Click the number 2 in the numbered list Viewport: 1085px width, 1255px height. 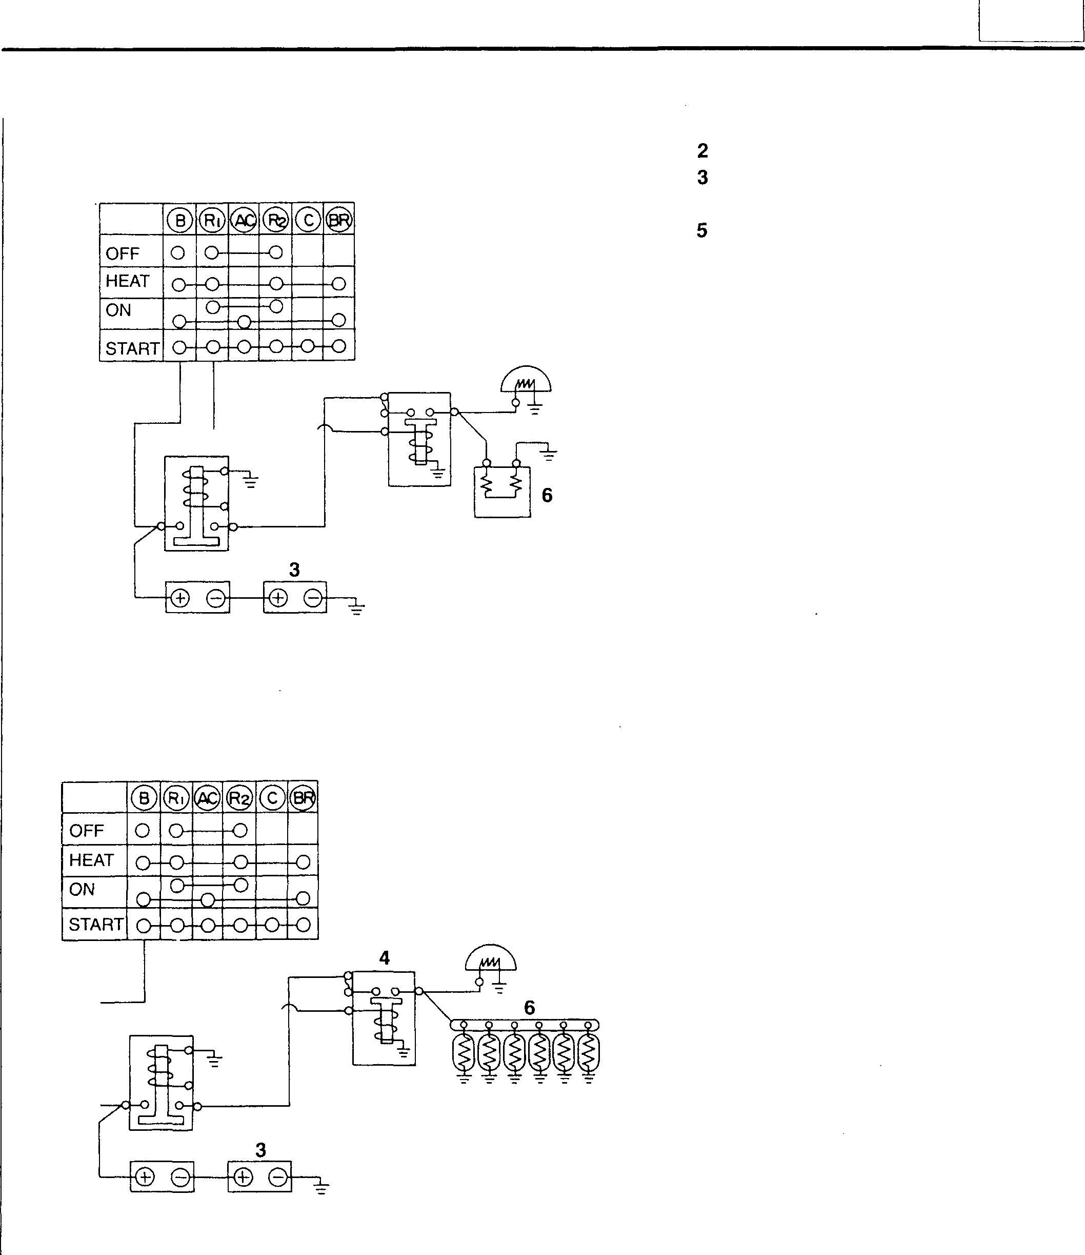(702, 151)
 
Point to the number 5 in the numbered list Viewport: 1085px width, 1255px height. (702, 231)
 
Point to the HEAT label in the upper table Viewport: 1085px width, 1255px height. (127, 281)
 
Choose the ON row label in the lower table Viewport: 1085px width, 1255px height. (83, 889)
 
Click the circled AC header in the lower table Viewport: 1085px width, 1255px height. (207, 799)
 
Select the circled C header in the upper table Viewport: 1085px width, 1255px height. (308, 221)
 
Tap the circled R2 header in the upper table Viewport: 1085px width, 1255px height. (275, 221)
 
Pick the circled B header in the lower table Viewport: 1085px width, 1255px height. (144, 799)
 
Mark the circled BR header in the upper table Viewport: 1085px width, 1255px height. (339, 221)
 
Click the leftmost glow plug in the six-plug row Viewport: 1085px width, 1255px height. (464, 1054)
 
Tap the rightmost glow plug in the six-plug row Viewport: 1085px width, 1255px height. (588, 1054)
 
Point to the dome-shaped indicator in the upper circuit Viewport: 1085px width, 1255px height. (526, 380)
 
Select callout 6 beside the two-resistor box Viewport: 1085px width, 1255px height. (547, 496)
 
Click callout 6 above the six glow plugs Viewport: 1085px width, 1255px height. (529, 1008)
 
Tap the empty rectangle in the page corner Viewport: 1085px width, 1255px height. (1031, 21)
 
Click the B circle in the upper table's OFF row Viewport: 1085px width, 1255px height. (178, 252)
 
